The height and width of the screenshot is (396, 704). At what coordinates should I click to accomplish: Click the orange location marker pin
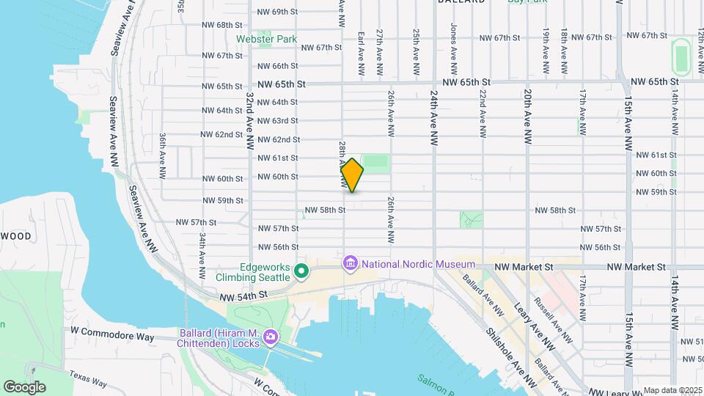pos(352,175)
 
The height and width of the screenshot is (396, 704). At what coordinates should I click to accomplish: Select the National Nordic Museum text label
pos(417,264)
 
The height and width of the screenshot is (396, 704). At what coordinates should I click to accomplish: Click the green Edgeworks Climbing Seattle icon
pos(301,272)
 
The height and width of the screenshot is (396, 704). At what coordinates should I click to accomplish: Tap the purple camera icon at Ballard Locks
pos(270,337)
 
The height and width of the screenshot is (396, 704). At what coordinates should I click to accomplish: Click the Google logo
pos(24,386)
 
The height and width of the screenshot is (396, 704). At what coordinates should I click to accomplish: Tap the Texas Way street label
pos(88,379)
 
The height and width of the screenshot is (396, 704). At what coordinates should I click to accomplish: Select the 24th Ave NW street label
pos(434,117)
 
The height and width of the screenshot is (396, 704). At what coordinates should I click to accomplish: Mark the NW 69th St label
pos(278,12)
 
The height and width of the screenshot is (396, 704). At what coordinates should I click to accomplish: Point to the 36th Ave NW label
pos(162,156)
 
